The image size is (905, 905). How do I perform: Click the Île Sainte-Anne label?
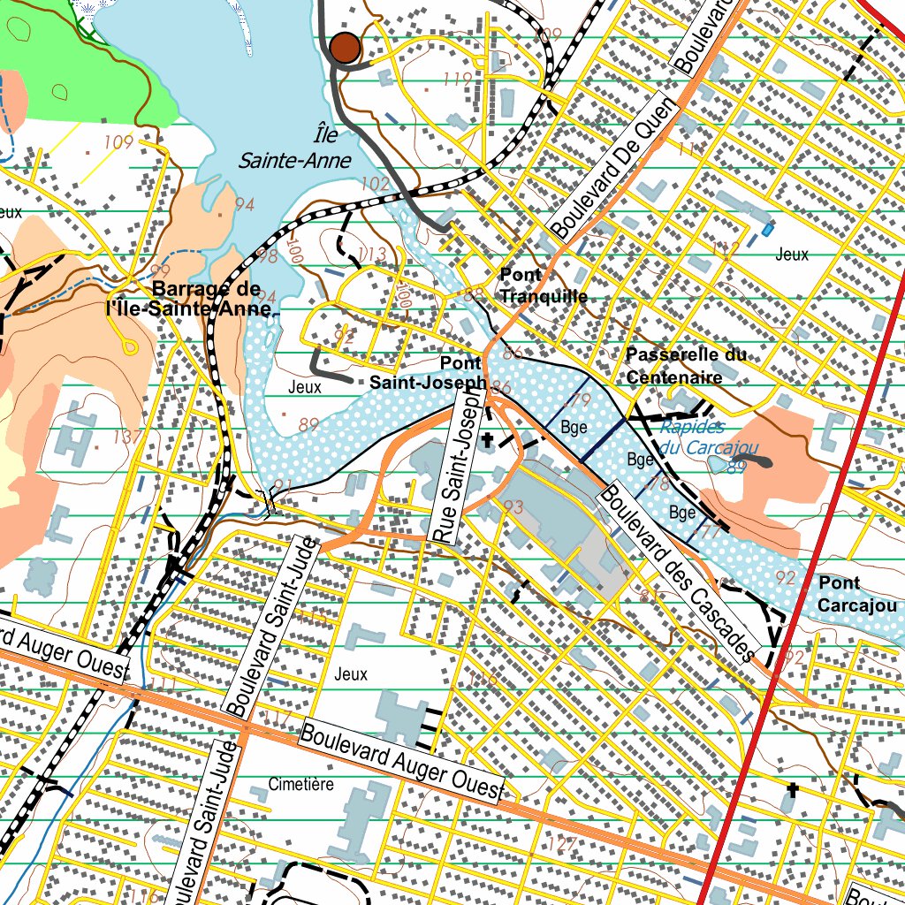click(295, 148)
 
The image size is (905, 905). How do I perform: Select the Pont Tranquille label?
click(543, 285)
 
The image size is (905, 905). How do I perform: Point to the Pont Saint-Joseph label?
click(428, 373)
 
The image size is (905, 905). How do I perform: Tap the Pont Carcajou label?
click(856, 594)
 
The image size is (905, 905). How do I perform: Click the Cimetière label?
click(300, 784)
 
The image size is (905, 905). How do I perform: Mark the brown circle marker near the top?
click(345, 48)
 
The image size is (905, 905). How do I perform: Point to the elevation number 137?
click(128, 437)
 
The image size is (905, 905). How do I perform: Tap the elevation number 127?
click(561, 844)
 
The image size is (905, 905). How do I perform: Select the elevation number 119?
click(457, 80)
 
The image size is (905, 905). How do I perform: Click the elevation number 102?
click(376, 184)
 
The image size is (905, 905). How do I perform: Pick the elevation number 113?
click(372, 255)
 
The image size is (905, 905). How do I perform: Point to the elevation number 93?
click(513, 507)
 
